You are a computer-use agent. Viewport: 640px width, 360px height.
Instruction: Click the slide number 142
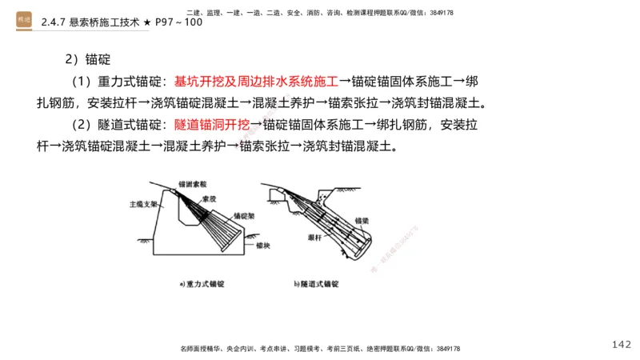(621, 344)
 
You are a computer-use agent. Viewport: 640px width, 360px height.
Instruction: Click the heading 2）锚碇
(87, 60)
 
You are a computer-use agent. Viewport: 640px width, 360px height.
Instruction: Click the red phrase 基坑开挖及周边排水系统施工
(256, 82)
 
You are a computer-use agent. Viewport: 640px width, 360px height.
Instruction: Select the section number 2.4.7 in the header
(56, 22)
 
